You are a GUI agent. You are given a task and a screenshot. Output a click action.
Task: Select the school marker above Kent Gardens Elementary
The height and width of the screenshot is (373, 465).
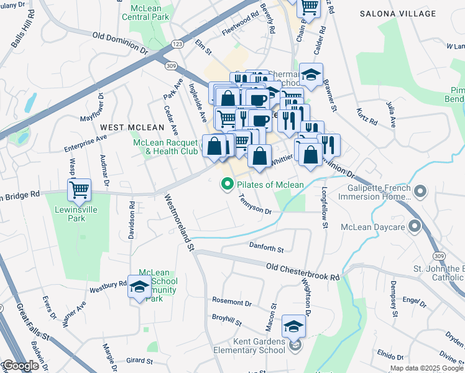pyautogui.click(x=294, y=326)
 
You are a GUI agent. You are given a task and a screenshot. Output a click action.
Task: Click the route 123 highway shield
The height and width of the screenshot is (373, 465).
pyautogui.click(x=177, y=44)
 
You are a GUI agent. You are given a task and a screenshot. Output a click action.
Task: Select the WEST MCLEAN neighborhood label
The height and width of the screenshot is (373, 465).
pyautogui.click(x=127, y=127)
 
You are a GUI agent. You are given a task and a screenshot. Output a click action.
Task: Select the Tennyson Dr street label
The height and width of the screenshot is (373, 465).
pyautogui.click(x=255, y=205)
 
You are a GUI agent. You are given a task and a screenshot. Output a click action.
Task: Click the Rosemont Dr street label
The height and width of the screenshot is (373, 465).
pyautogui.click(x=231, y=302)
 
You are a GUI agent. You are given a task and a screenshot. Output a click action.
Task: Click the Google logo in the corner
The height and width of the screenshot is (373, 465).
pyautogui.click(x=20, y=366)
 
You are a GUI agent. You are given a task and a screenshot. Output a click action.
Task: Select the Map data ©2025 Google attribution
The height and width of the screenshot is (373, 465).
pyautogui.click(x=426, y=368)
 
